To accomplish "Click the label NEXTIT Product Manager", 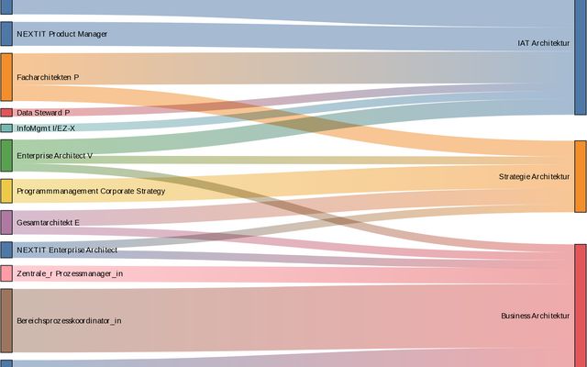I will click(61, 34).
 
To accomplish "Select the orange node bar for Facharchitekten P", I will click(6, 77).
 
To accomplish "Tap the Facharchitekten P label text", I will click(48, 77).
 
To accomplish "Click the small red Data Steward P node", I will click(6, 113).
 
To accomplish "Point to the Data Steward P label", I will click(43, 113).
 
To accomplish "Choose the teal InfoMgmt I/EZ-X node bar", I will click(6, 128).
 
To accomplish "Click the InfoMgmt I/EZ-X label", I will click(46, 128).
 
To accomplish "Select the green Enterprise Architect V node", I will click(6, 156).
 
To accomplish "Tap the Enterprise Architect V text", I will click(55, 156).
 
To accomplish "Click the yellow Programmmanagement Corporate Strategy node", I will click(6, 191).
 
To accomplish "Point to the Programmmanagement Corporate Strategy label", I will click(91, 191).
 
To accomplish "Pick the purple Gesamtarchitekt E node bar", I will click(6, 222).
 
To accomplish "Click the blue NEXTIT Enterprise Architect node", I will click(6, 250).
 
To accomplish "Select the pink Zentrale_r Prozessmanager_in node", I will click(6, 273).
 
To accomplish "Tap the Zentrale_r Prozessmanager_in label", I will click(70, 273).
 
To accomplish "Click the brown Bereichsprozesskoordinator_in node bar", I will click(6, 320).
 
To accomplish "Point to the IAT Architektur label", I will click(543, 42).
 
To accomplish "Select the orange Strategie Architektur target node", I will click(580, 176).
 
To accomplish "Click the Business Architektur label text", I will click(535, 316).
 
